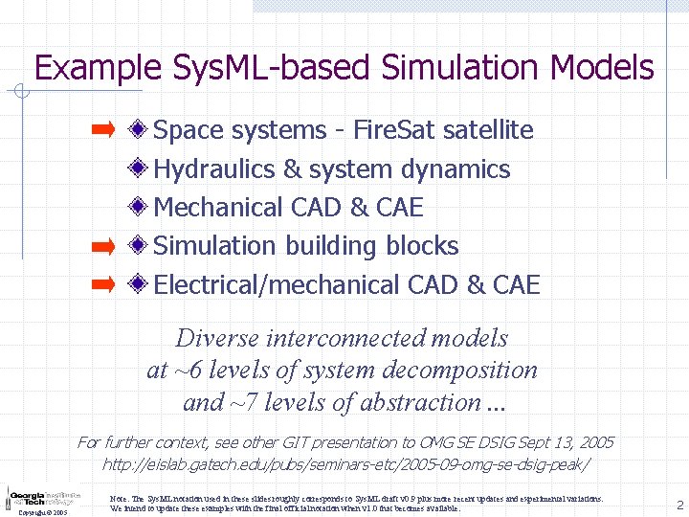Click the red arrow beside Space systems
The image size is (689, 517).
102,128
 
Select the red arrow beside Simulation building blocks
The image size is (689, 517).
102,246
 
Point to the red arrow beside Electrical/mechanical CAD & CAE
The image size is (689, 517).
102,284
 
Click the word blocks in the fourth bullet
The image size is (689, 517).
422,246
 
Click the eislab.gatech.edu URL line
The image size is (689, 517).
345,464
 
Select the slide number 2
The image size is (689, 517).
678,505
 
